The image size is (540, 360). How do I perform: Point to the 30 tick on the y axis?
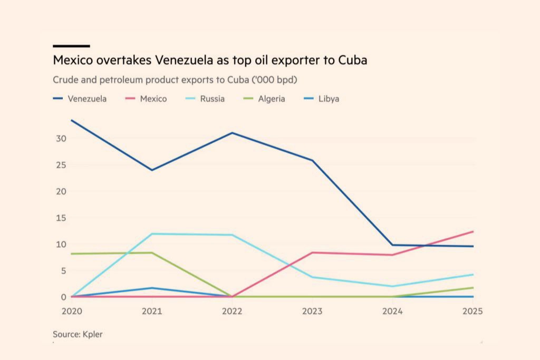pos(61,139)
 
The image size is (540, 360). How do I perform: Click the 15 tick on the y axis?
pos(61,218)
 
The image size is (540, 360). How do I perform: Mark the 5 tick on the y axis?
pos(63,271)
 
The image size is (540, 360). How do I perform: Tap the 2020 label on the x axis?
pos(72,312)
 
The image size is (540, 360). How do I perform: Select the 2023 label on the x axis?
pos(312,312)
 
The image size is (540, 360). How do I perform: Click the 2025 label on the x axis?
pos(472,312)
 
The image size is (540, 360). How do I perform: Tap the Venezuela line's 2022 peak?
pos(232,133)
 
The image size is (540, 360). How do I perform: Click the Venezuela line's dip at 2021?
pos(152,170)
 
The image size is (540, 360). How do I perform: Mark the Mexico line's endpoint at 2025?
pos(473,231)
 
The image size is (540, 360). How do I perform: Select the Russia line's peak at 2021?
pos(152,233)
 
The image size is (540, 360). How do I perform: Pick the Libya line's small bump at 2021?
pos(152,288)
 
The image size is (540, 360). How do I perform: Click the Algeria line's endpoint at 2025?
pos(473,287)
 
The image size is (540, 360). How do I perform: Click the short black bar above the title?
pos(71,46)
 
